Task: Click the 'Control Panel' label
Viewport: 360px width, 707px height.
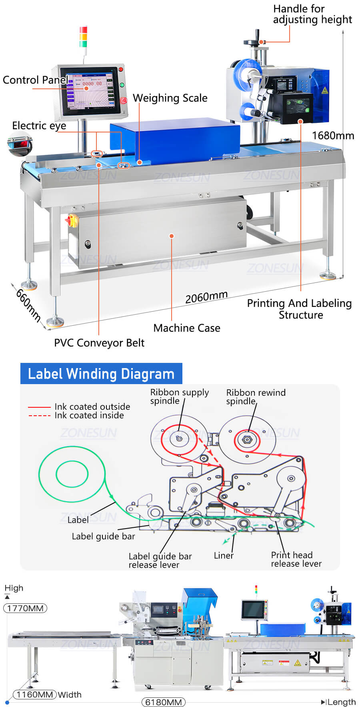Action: (34, 80)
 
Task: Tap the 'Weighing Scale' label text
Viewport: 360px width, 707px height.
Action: (170, 98)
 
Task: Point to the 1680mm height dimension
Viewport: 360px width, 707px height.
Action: (333, 136)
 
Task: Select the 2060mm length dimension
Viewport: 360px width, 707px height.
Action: (206, 297)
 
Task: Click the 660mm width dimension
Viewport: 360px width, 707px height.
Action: (28, 305)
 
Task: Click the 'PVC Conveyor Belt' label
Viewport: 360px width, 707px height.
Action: (99, 343)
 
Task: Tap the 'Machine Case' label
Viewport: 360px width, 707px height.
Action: (187, 328)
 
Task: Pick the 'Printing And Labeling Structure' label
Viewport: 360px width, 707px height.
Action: (299, 309)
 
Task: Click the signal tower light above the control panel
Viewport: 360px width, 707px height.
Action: (83, 37)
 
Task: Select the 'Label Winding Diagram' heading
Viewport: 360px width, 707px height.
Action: (101, 374)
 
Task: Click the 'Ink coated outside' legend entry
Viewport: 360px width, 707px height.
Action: (92, 407)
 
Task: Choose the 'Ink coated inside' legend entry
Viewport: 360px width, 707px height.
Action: (89, 415)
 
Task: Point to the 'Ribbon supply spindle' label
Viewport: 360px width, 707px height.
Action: (179, 397)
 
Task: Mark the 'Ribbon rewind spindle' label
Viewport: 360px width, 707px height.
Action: (256, 397)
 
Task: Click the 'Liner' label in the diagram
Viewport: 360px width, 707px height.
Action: (224, 555)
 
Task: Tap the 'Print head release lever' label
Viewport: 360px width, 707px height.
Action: (296, 559)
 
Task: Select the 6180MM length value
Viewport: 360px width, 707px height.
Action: (163, 702)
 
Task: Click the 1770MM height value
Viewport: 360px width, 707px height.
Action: (25, 608)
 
